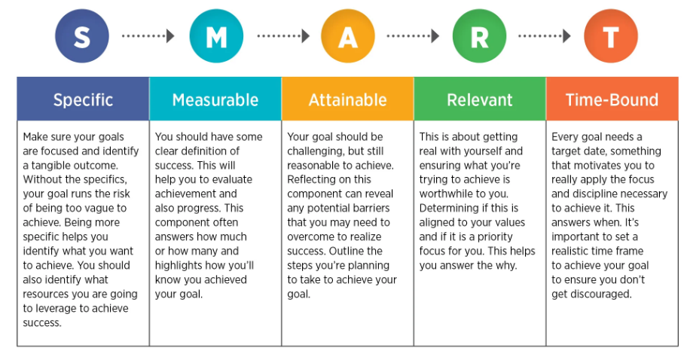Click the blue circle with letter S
(82, 36)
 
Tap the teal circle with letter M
(216, 36)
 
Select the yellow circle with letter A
(348, 36)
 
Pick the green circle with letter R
(479, 36)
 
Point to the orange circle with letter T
(611, 36)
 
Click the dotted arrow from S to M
(148, 36)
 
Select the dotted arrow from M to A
(283, 36)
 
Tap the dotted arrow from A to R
(413, 36)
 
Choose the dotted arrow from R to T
(545, 36)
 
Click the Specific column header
(84, 100)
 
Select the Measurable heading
(215, 100)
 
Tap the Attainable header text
(348, 100)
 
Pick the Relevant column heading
(480, 100)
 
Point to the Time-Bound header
(612, 100)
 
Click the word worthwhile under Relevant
(446, 194)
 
